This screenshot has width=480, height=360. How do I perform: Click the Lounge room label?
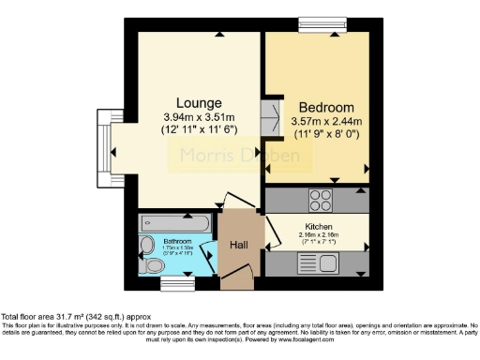pos(198,102)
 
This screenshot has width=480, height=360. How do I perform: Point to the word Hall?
pos(239,246)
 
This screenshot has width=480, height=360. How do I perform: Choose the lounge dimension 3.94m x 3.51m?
pos(198,117)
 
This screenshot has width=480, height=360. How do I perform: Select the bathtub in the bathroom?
pos(169,223)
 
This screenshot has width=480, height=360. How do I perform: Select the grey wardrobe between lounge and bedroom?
pos(271,117)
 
